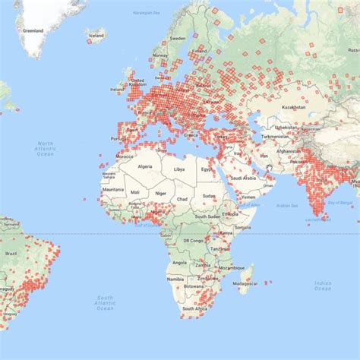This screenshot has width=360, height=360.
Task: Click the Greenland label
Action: point(33,31)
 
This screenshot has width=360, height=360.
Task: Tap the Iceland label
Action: point(96,35)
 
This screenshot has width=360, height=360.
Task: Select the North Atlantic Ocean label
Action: point(46,148)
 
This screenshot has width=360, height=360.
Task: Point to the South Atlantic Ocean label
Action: point(104,302)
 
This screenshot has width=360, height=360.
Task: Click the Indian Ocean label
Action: point(323,285)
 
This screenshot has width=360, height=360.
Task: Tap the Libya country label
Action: point(179,169)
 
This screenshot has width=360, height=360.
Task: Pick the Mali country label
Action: point(134,193)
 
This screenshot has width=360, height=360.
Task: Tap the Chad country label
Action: point(182,198)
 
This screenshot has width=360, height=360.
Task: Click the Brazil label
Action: point(11,252)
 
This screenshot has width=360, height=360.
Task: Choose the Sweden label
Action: point(178,38)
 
